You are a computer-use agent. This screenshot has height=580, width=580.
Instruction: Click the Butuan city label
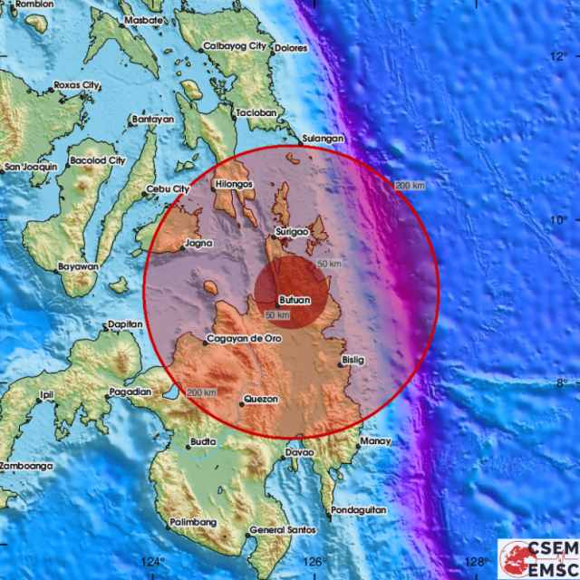(294, 300)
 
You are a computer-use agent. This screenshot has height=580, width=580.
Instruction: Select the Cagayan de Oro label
(244, 339)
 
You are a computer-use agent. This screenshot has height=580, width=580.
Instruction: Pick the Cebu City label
(168, 189)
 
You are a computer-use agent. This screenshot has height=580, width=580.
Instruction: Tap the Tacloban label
(255, 113)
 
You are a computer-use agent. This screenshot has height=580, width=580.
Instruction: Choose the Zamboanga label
(25, 466)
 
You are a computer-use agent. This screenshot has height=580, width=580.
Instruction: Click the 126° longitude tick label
(314, 562)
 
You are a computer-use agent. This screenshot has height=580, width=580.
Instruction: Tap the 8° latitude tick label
(562, 383)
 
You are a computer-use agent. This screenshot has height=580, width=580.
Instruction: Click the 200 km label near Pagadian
(202, 392)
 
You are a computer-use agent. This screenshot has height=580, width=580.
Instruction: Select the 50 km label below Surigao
(328, 264)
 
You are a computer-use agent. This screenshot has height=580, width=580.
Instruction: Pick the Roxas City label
(77, 85)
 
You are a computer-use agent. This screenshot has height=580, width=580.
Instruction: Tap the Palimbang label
(193, 523)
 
